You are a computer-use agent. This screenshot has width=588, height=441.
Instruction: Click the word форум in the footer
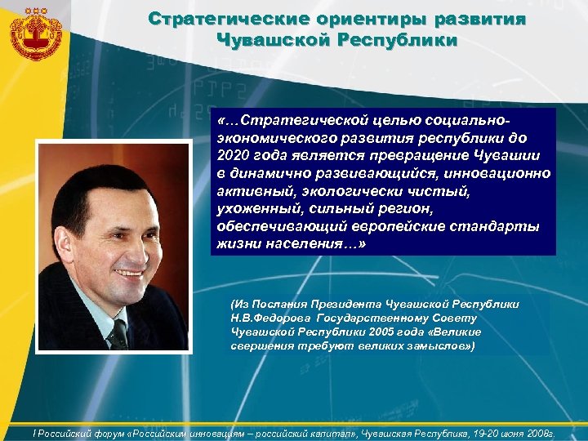click(x=98, y=432)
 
